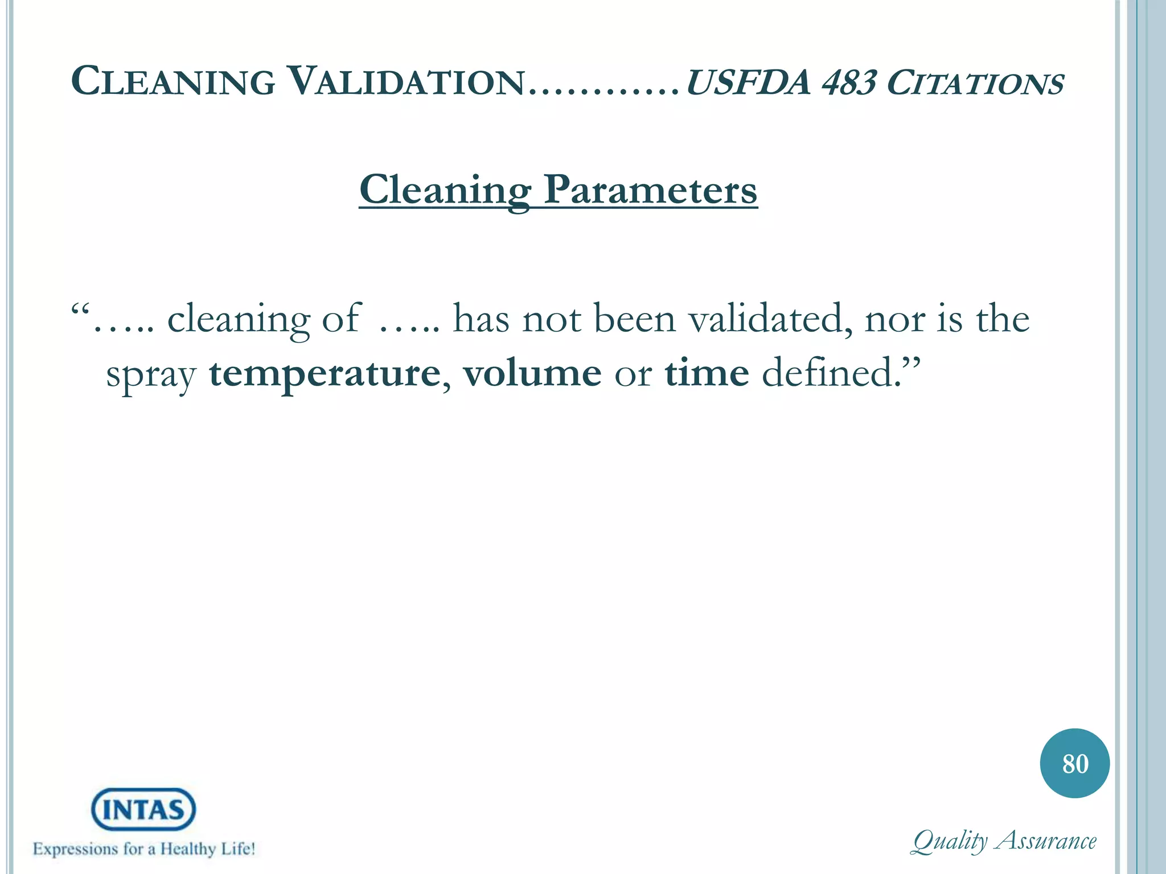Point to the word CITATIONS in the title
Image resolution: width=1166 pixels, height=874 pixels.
tap(975, 84)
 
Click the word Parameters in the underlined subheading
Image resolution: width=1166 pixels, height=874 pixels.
tap(650, 189)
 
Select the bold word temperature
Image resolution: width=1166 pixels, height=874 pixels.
tap(325, 374)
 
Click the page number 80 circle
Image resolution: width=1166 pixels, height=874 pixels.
tap(1074, 763)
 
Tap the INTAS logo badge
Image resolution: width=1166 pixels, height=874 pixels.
tap(143, 809)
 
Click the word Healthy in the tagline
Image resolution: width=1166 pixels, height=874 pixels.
tap(187, 848)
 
